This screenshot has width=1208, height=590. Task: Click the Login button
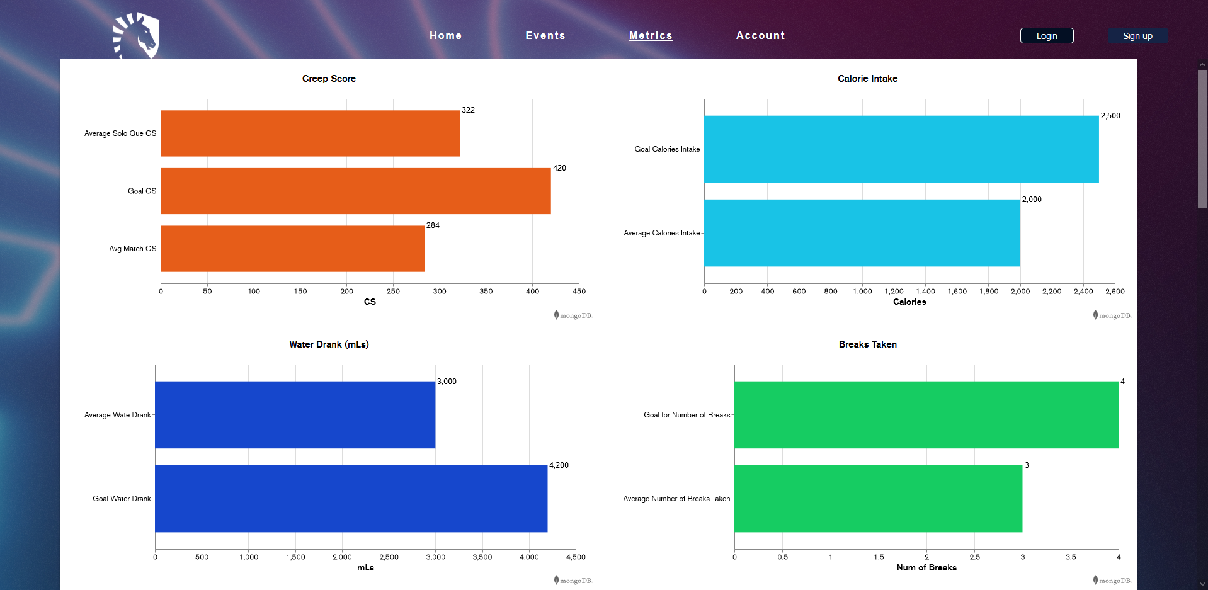1046,36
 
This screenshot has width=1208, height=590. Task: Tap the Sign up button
1137,36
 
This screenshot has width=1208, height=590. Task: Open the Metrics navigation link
651,36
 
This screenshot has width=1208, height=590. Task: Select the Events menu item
545,36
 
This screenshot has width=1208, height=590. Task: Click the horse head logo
137,35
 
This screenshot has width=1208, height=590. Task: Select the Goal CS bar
355,191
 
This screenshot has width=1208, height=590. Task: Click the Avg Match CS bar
292,249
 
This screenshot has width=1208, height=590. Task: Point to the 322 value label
468,110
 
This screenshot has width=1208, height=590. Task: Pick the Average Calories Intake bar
862,233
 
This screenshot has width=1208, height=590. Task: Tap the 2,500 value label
1110,116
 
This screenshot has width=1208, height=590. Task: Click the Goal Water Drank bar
351,499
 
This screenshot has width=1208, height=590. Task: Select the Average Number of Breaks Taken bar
878,499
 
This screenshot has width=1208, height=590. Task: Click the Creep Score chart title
329,79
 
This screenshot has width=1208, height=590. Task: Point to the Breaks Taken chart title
867,344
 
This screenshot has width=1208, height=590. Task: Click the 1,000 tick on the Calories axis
862,292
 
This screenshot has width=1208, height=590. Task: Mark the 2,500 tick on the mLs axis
389,557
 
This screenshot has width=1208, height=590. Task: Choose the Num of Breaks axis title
926,568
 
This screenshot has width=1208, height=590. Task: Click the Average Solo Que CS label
120,133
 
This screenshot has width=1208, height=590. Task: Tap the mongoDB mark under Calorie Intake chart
1112,315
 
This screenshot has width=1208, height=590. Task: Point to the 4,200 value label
559,465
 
